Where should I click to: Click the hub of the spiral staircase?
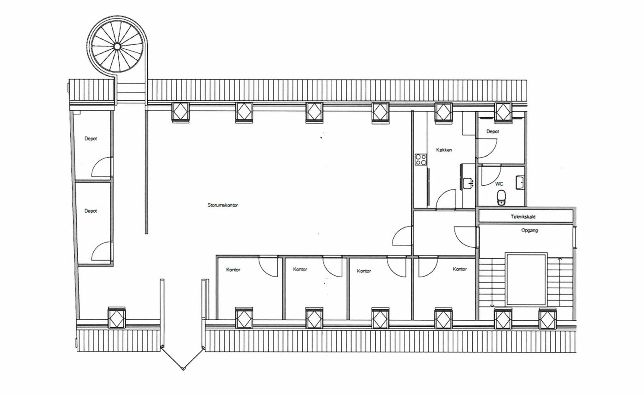(117, 46)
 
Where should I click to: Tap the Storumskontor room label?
(223, 205)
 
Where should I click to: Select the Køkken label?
(444, 150)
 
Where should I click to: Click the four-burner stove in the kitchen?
(420, 160)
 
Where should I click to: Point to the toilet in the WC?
(501, 197)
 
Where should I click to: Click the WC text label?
(499, 184)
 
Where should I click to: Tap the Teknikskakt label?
(523, 216)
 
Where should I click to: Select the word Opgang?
(529, 230)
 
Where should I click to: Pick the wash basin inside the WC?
(520, 183)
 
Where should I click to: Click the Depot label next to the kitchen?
(493, 131)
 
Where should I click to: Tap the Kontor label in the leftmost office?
(233, 270)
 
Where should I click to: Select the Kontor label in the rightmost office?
(460, 269)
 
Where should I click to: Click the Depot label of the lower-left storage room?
(91, 211)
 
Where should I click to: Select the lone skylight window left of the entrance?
(116, 318)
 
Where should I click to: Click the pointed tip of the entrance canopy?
(183, 369)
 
